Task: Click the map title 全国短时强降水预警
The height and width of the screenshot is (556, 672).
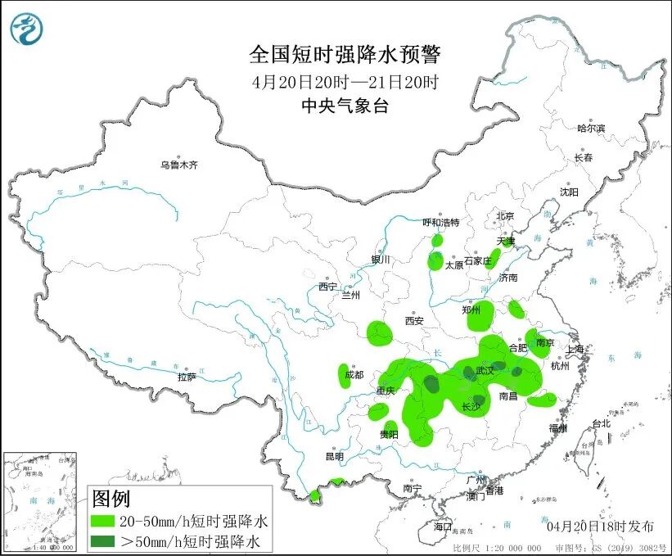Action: (x=345, y=56)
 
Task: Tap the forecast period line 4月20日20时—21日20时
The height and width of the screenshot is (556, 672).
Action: (x=345, y=82)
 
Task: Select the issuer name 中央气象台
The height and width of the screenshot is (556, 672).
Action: (x=345, y=106)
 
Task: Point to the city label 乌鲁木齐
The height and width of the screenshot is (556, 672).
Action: (x=179, y=165)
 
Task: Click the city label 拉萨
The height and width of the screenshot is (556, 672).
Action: (x=187, y=377)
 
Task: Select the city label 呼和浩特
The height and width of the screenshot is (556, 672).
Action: (x=440, y=223)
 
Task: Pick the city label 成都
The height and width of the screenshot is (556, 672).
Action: (x=354, y=375)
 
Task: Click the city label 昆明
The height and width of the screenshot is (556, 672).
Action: (x=335, y=456)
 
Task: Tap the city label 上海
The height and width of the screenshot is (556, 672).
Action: (x=576, y=349)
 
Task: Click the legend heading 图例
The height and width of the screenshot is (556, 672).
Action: (x=110, y=498)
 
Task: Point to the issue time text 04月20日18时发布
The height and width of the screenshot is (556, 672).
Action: (x=601, y=525)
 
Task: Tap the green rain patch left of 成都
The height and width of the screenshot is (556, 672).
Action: (x=344, y=375)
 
